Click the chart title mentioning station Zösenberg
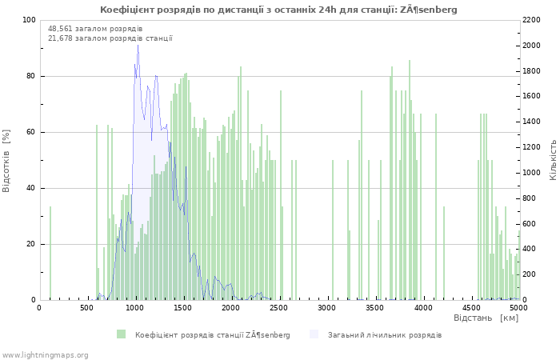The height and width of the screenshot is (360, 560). (x=278, y=10)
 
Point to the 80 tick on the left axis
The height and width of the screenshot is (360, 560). (x=30, y=76)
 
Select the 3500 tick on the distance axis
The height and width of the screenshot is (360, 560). (x=374, y=308)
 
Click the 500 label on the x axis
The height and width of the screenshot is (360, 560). (x=86, y=308)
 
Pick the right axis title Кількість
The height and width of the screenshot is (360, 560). (x=553, y=160)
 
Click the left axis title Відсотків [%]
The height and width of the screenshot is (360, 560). (x=6, y=161)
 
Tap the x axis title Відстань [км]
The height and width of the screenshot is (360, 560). (x=486, y=318)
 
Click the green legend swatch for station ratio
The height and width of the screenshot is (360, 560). (x=121, y=334)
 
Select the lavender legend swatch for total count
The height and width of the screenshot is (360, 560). (x=314, y=334)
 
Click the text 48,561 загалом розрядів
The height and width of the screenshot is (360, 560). (x=95, y=29)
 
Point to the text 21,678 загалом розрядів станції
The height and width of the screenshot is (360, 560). (x=110, y=38)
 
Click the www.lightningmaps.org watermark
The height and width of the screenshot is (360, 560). (x=45, y=355)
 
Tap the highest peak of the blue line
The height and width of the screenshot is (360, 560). (x=138, y=45)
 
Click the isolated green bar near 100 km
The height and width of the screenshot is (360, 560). (x=50, y=254)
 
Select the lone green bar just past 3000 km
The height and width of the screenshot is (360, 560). (x=333, y=230)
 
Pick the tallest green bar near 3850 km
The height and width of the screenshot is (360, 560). (x=410, y=180)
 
